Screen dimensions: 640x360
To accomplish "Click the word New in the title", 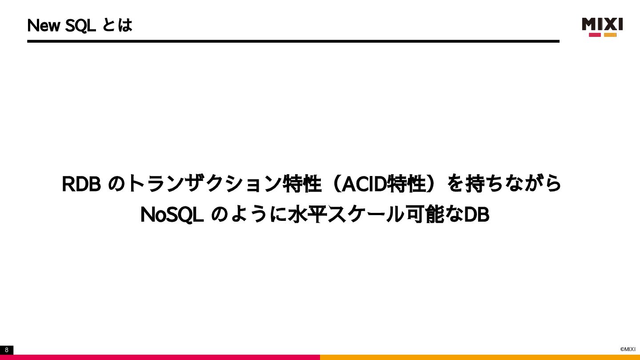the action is [44, 26].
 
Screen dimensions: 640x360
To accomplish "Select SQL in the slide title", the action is [80, 26].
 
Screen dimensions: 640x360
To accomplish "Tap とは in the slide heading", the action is [117, 25].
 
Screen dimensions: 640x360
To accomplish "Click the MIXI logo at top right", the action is [602, 24].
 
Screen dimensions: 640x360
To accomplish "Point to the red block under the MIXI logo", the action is [595, 35].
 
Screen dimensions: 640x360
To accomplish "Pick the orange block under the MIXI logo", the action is [610, 35].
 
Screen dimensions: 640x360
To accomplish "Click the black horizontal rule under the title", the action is [293, 41].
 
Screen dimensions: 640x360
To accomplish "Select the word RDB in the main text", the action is [81, 184].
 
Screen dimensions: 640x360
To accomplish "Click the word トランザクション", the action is [205, 184].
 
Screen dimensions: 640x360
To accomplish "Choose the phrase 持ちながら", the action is [513, 184].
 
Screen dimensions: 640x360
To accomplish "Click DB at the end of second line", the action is [476, 215].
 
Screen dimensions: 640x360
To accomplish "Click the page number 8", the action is [7, 350].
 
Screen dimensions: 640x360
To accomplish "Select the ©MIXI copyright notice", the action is [628, 349].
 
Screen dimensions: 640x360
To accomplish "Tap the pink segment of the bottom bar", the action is [160, 357].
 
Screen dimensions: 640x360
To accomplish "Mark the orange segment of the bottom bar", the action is [480, 357].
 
